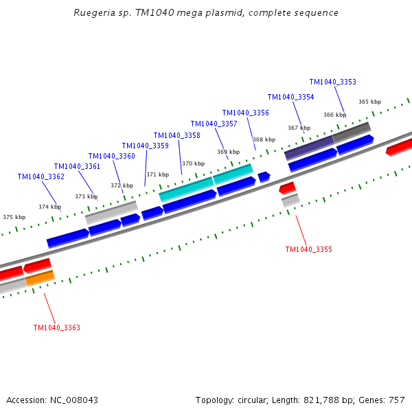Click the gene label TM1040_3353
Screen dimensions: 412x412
332,82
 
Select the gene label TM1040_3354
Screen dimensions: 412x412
290,98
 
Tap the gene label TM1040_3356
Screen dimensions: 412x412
245,113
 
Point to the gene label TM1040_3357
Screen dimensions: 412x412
214,124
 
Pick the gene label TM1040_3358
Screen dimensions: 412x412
176,135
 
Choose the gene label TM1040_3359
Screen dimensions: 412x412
145,146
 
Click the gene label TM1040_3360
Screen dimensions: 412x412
111,156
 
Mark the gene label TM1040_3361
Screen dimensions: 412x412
77,166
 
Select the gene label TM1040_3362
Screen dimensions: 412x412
41,177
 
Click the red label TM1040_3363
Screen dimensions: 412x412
56,328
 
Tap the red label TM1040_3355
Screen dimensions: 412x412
308,249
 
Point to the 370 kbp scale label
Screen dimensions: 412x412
193,163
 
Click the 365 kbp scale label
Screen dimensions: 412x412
369,102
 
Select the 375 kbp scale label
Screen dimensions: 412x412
14,217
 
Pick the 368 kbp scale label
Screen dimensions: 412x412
264,139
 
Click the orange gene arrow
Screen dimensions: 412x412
40,278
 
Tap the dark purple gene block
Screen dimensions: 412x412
309,147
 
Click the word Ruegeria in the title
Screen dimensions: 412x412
91,13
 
